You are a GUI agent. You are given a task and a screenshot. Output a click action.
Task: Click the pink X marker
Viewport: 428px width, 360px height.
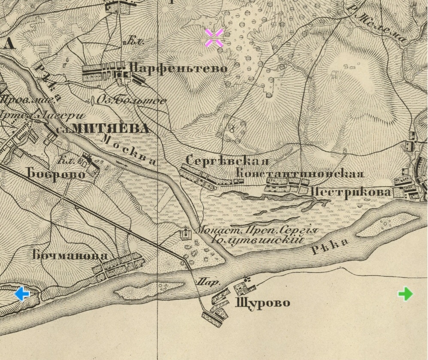pyautogui.click(x=214, y=38)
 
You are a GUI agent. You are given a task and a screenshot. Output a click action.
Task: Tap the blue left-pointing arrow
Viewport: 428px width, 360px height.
pyautogui.click(x=22, y=294)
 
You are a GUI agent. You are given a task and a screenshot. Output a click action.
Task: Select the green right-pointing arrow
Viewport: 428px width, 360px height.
pyautogui.click(x=405, y=294)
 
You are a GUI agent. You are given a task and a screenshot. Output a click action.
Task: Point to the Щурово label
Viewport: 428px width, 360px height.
pyautogui.click(x=262, y=303)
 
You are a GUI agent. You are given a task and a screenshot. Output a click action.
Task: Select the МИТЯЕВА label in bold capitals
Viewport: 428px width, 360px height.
pyautogui.click(x=110, y=128)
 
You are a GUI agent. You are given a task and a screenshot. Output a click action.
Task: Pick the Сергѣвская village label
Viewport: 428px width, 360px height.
pyautogui.click(x=227, y=161)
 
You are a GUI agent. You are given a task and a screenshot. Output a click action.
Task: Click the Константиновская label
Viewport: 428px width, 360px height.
pyautogui.click(x=300, y=174)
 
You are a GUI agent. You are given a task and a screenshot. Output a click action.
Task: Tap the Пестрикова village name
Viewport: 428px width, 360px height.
pyautogui.click(x=350, y=192)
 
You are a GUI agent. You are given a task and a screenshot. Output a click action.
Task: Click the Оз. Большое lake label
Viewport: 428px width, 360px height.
pyautogui.click(x=131, y=101)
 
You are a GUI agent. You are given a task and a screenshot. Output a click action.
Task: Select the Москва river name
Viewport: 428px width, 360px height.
pyautogui.click(x=129, y=150)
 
